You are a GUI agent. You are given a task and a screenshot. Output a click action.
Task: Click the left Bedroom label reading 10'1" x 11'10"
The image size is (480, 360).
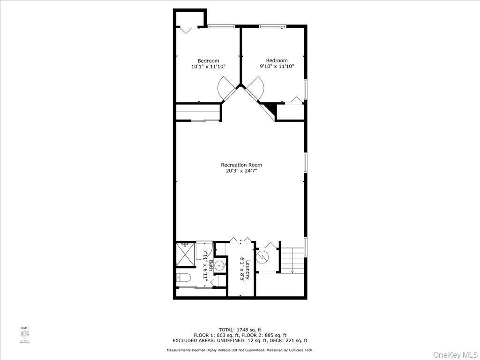(x=208, y=64)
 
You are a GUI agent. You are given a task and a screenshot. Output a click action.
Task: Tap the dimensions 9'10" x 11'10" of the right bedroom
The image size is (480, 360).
(x=277, y=67)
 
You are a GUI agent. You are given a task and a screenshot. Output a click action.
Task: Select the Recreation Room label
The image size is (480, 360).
(x=241, y=165)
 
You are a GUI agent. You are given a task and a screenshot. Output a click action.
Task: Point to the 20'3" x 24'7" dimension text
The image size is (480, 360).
(x=241, y=171)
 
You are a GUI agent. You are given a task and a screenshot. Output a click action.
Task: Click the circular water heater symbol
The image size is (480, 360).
(x=264, y=256)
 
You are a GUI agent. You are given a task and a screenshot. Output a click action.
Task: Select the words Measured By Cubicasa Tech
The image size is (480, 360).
(x=290, y=350)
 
